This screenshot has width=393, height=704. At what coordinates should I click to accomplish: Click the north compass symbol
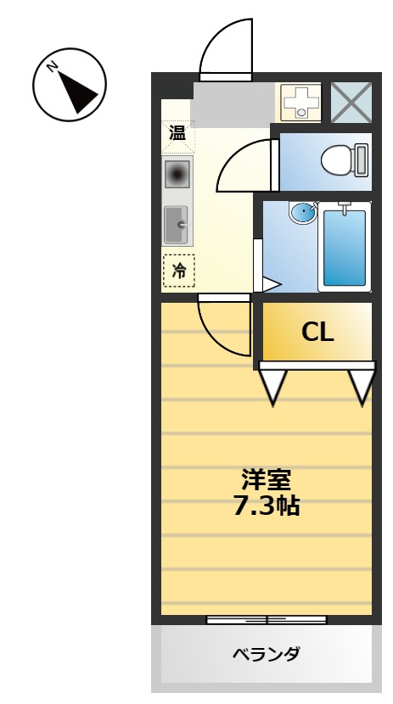(x=69, y=84)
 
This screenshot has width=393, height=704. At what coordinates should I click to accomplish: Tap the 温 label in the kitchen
(x=177, y=133)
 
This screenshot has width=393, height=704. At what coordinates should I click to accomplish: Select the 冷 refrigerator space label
(x=178, y=271)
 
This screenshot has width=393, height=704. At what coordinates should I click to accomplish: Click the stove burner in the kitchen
(x=178, y=176)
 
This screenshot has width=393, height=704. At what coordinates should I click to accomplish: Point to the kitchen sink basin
(x=177, y=225)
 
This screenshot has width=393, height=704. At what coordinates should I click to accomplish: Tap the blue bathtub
(x=344, y=246)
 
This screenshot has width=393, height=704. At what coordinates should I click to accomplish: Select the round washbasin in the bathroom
(x=301, y=212)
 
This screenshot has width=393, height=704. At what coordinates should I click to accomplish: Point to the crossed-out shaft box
(x=350, y=103)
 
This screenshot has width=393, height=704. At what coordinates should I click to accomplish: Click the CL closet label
(x=317, y=332)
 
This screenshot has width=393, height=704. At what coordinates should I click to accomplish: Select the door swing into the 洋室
(x=222, y=326)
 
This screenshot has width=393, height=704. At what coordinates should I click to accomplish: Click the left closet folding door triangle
(x=273, y=385)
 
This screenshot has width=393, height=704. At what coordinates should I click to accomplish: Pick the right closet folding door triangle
(x=362, y=385)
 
